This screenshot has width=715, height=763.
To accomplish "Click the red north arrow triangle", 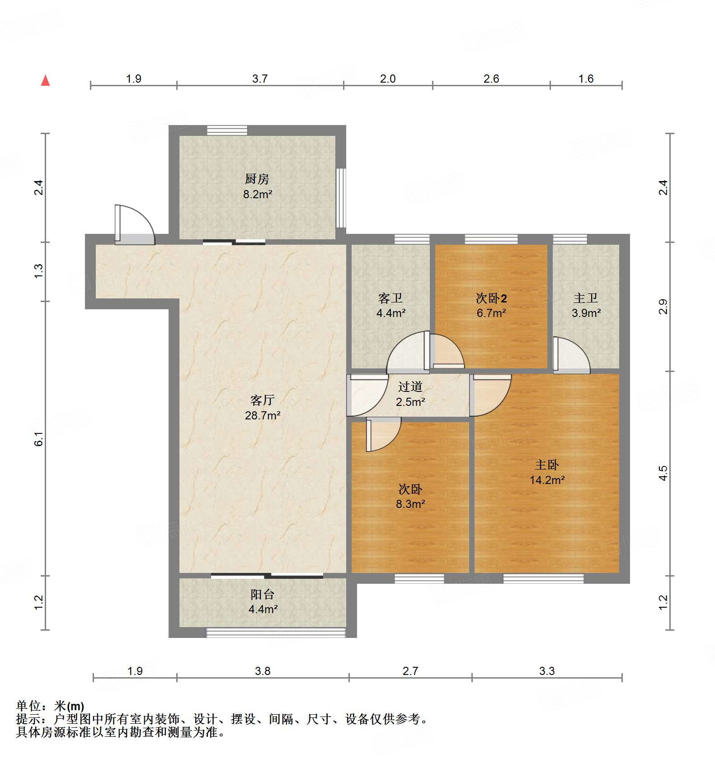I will coord(45,80).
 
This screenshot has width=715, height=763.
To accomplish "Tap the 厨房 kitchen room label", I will coord(257,179).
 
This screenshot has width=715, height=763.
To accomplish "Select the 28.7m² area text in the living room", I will coord(263,415).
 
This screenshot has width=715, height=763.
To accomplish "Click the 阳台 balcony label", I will coord(263,595).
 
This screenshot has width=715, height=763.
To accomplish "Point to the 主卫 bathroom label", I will coord(586,298).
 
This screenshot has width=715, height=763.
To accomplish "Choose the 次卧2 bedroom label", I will coord(491,298).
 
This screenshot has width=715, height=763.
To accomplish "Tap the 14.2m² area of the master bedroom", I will coord(547,480).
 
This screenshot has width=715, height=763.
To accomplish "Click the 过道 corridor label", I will coord(410,386).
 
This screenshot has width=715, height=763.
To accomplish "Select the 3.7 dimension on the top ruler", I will coord(260,79).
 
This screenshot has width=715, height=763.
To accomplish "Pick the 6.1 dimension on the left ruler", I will coord(39,438).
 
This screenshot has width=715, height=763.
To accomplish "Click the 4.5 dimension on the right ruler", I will coord(663,473).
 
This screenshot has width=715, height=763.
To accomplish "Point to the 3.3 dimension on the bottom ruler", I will coord(546,671).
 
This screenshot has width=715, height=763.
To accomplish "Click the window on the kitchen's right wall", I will coord(341,198).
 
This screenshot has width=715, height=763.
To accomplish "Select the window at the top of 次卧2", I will coord(491,239).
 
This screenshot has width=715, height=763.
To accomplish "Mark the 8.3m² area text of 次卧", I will coord(410,504).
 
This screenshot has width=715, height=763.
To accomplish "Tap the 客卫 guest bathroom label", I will coord(390,298).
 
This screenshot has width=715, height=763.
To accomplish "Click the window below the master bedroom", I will coord(543,578).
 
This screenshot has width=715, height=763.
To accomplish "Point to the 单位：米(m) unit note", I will coord(50,706).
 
